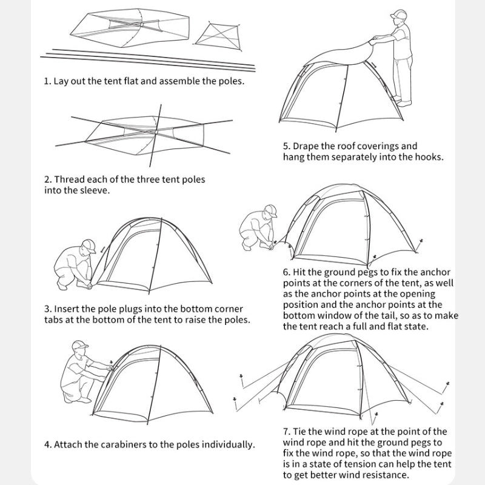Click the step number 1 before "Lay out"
click(47, 81)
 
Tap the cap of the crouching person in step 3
click(89, 245)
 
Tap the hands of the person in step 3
click(89, 283)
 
